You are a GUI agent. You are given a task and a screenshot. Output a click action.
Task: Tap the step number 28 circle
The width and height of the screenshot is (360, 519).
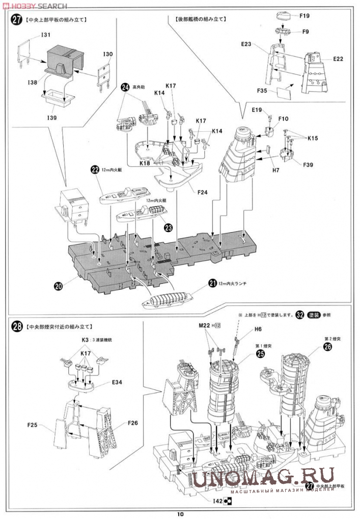pyautogui.click(x=17, y=326)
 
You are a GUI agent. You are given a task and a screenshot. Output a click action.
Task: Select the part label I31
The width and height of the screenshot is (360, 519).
pyautogui.click(x=45, y=35)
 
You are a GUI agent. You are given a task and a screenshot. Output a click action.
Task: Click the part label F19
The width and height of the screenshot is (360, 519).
pyautogui.click(x=304, y=16)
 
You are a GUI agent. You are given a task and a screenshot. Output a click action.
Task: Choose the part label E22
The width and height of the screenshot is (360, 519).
pyautogui.click(x=338, y=59)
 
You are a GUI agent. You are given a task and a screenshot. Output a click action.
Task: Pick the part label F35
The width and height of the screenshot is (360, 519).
pyautogui.click(x=262, y=92)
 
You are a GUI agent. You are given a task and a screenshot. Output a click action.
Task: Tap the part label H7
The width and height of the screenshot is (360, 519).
pyautogui.click(x=275, y=170)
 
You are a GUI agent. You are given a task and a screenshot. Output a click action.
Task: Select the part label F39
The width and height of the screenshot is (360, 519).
pyautogui.click(x=308, y=165)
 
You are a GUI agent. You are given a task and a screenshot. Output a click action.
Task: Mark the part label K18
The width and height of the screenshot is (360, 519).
pyautogui.click(x=145, y=163)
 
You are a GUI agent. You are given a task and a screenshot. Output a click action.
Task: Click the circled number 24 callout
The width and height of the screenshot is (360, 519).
pyautogui.click(x=125, y=88)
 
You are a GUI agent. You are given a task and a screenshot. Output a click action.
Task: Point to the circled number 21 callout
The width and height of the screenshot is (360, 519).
pyautogui.click(x=212, y=283)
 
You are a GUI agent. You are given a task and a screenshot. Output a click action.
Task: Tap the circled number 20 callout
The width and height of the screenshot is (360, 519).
pyautogui.click(x=59, y=286)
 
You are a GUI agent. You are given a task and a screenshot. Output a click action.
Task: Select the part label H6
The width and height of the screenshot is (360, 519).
pyautogui.click(x=258, y=330)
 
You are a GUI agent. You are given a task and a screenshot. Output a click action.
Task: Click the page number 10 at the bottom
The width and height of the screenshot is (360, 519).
pyautogui.click(x=180, y=513)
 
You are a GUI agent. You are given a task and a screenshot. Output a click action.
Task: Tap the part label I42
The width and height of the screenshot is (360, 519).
pyautogui.click(x=217, y=501)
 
